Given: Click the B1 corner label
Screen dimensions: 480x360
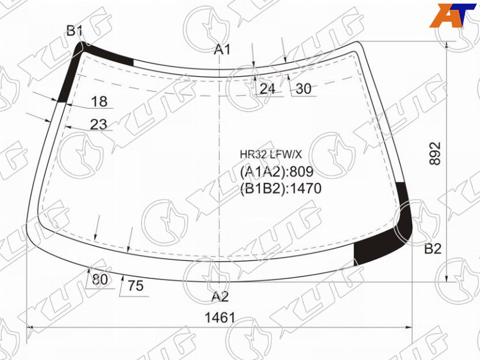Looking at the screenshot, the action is (x=74, y=31).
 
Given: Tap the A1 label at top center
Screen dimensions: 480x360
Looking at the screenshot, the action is (x=222, y=49).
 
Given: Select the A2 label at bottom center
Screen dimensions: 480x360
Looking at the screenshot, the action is (x=220, y=296).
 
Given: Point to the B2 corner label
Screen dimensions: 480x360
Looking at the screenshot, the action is (x=433, y=249).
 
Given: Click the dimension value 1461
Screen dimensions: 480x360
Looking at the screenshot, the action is (x=220, y=318).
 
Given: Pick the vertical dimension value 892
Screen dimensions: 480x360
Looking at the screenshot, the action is (x=435, y=154).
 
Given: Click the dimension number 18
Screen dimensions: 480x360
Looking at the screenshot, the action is (x=99, y=101).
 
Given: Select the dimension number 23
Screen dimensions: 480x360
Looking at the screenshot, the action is (x=98, y=124).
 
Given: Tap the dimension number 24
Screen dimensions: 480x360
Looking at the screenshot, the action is (x=267, y=89).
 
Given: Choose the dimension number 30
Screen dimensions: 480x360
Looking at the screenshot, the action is (x=304, y=89).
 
